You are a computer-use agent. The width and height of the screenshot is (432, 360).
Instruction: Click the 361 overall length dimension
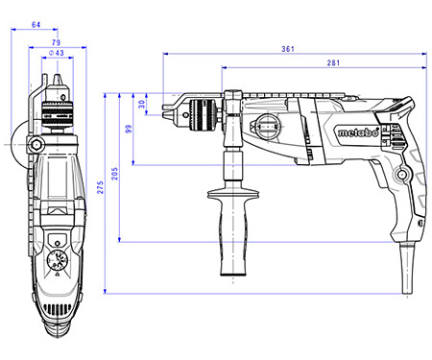[x=287, y=49]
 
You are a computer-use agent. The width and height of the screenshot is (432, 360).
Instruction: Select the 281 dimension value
[x=333, y=62]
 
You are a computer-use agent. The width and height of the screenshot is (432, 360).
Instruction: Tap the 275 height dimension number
[x=101, y=187]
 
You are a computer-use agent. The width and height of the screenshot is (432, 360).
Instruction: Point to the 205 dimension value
[x=114, y=174]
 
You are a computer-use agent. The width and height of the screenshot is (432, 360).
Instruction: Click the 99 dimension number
[x=129, y=129]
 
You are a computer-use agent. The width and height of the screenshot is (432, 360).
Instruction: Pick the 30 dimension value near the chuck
[x=142, y=104]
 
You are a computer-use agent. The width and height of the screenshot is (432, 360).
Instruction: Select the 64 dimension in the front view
[x=36, y=25]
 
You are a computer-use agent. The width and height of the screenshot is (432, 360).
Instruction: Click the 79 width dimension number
[x=56, y=42]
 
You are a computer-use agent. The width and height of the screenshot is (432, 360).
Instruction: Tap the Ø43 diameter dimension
[x=57, y=53]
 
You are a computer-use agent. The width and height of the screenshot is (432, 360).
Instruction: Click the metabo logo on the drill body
[x=358, y=132]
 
